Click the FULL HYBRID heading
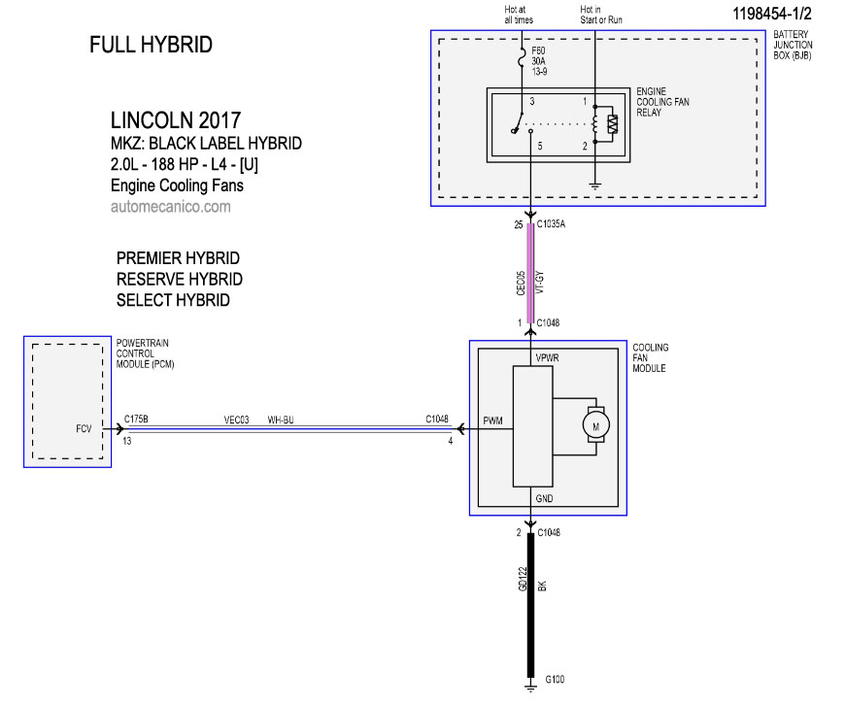[151, 45]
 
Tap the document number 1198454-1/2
[772, 14]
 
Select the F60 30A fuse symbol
[522, 58]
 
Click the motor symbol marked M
[595, 425]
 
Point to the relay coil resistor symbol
[612, 124]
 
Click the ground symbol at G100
[530, 687]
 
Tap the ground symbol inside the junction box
[595, 186]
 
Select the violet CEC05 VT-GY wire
[530, 273]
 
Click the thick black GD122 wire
[530, 605]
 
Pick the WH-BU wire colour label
[281, 420]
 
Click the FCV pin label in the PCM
[84, 429]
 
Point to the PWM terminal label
[492, 420]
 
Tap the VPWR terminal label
[547, 358]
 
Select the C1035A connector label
[551, 224]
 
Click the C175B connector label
[136, 419]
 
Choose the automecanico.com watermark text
[171, 207]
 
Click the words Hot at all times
[519, 15]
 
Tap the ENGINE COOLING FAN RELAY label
[662, 102]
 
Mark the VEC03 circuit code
[237, 420]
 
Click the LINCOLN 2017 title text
[176, 120]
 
